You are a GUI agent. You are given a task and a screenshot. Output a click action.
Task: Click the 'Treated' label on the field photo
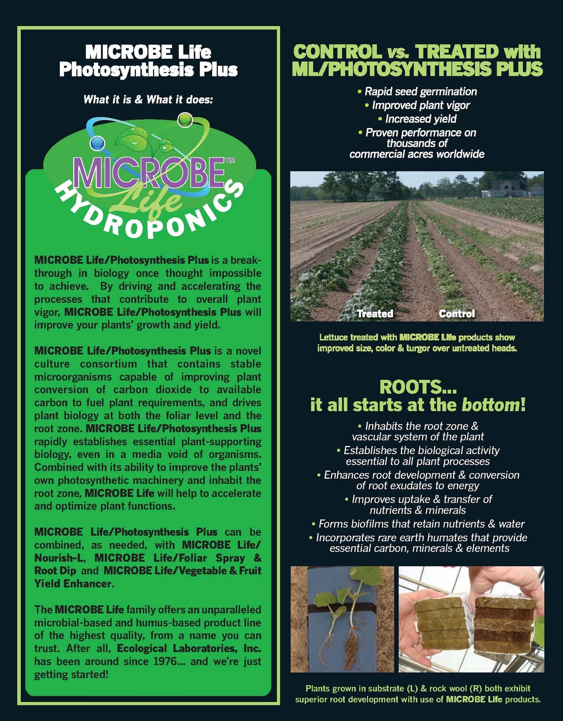pyautogui.click(x=375, y=313)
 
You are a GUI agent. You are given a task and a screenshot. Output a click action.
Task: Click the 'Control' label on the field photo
pyautogui.click(x=457, y=313)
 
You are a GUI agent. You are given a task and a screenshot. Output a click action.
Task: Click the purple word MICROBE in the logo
pyautogui.click(x=149, y=173)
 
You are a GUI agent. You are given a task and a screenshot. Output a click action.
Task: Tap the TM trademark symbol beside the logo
pyautogui.click(x=229, y=161)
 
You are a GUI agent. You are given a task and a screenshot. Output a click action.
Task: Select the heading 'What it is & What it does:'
pyautogui.click(x=148, y=100)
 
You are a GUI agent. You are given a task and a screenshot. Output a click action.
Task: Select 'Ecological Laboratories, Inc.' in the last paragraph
pyautogui.click(x=189, y=648)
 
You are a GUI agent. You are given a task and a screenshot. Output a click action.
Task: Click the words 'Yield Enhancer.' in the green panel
pyautogui.click(x=74, y=584)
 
